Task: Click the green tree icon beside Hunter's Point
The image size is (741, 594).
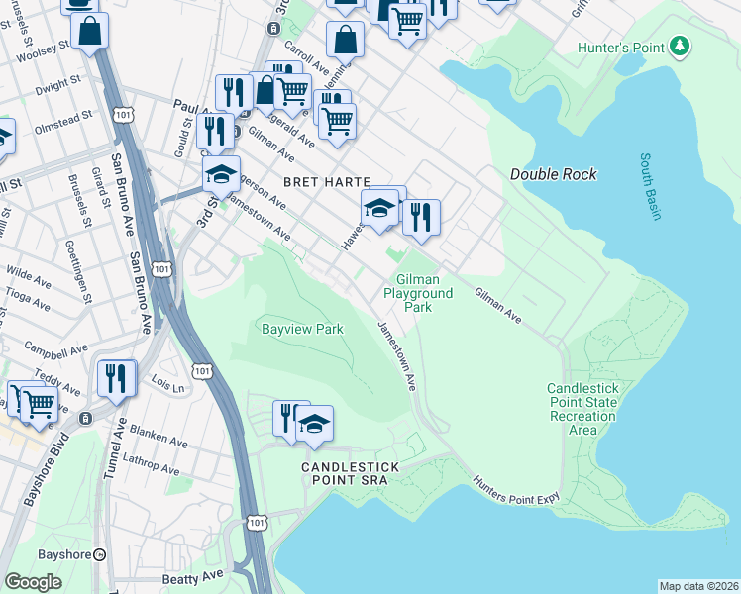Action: click(679, 46)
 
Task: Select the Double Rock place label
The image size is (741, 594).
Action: click(554, 174)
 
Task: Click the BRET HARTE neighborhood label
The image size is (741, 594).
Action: click(326, 182)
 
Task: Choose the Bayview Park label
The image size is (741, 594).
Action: click(301, 328)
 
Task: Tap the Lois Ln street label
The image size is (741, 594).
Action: click(167, 380)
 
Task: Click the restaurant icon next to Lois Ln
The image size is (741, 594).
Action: click(116, 379)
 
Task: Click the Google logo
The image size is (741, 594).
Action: click(34, 581)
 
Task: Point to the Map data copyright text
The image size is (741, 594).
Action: click(698, 586)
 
